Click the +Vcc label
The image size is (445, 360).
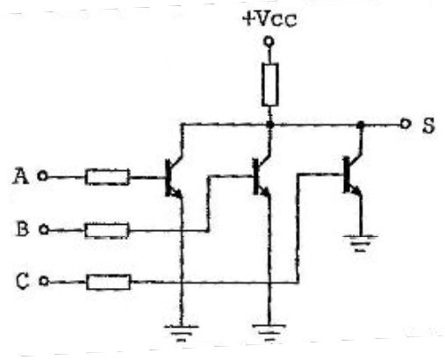269,19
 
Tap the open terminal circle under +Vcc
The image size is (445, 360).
269,41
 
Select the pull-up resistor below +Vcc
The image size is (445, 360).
269,84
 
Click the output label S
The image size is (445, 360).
428,126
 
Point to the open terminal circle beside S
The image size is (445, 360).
405,124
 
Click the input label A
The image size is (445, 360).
20,176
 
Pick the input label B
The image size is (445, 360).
22,228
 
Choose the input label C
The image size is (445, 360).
23,281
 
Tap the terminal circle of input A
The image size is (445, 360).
42,176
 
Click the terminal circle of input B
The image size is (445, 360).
44,229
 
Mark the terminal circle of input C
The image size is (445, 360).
44,281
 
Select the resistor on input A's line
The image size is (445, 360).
107,176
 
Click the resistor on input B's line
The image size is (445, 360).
107,230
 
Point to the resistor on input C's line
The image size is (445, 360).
108,282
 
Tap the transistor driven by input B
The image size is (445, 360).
262,176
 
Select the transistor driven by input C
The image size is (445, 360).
352,175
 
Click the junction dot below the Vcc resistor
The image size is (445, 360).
270,125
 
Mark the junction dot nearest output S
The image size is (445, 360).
361,125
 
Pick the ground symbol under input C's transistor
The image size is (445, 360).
361,243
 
